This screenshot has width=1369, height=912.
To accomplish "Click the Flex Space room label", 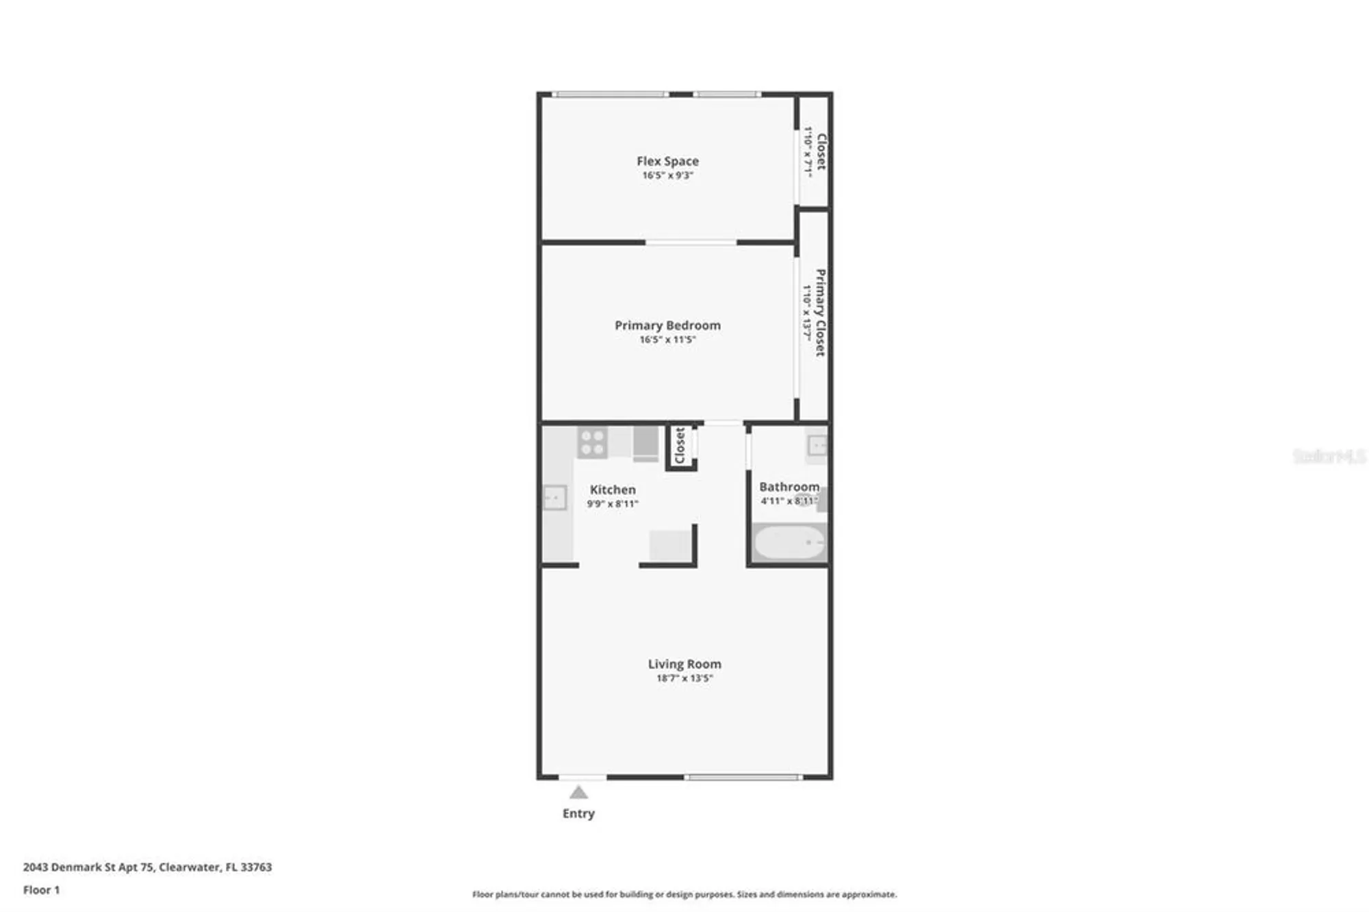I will [667, 161].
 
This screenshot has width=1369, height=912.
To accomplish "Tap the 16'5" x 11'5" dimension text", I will [667, 340].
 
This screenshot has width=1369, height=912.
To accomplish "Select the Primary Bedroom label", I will [667, 325].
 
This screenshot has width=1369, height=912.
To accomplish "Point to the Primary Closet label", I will [820, 312].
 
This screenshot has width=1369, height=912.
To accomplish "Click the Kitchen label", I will [613, 490].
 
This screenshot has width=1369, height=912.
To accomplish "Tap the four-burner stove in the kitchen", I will [592, 442].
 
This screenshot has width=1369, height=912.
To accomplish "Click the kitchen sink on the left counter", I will [554, 497].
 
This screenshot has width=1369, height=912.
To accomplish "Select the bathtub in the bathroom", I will [789, 543].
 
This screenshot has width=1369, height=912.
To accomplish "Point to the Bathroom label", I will [789, 487].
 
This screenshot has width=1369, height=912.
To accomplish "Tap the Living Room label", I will [684, 663].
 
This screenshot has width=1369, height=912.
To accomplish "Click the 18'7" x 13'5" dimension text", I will [684, 679].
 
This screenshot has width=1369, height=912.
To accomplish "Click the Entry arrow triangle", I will [578, 793].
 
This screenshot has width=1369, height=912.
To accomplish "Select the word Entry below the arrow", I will [578, 813].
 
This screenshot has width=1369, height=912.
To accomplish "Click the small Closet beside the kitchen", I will [680, 446].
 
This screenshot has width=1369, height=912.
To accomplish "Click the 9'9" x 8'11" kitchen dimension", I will [613, 504].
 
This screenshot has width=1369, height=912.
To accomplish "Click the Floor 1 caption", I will [41, 890].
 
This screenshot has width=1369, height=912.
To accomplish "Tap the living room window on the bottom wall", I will [743, 777].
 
